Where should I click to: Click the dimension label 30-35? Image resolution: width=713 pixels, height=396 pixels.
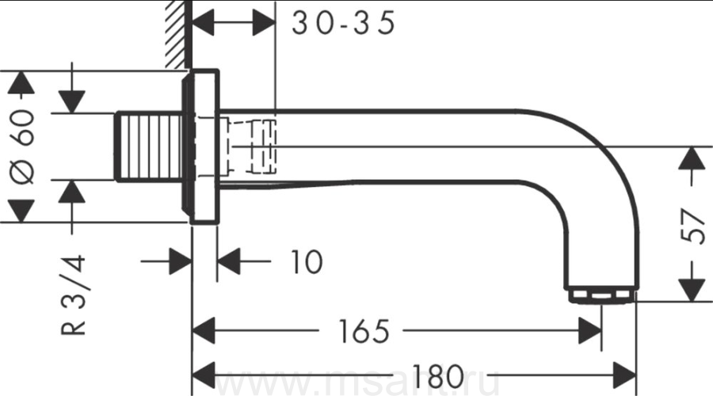tap(343, 23)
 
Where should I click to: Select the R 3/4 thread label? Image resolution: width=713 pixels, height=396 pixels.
tap(73, 295)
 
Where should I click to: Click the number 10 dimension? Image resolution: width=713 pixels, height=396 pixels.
tap(306, 261)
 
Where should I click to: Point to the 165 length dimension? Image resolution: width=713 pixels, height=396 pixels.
tap(364, 331)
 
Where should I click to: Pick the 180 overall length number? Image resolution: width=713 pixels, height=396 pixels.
tap(438, 375)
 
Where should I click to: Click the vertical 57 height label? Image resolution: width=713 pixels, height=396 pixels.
tap(692, 226)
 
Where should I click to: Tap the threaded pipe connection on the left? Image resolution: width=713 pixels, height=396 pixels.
tap(149, 147)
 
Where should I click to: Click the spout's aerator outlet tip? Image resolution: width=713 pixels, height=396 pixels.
tap(601, 295)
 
